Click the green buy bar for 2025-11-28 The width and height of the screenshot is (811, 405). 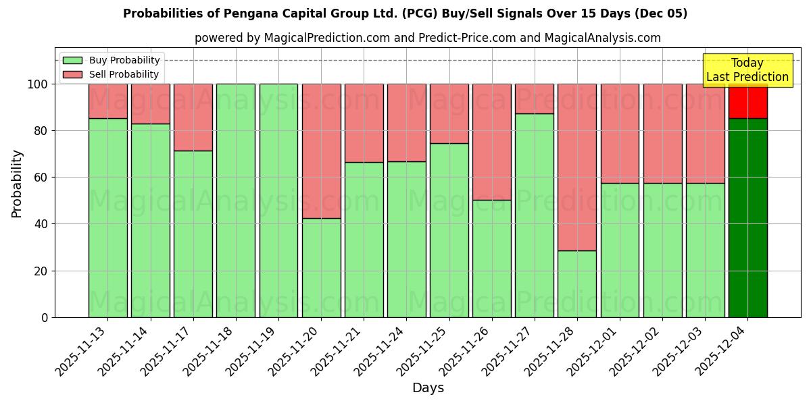click(x=577, y=283)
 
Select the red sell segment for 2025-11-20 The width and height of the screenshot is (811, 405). click(x=321, y=151)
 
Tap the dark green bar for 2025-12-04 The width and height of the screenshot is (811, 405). click(x=747, y=217)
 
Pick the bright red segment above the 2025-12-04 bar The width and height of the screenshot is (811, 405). click(x=747, y=101)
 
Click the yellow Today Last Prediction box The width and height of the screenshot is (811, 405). click(x=747, y=70)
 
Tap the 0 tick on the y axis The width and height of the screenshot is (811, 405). click(x=45, y=317)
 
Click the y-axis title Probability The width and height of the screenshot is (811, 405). click(x=17, y=183)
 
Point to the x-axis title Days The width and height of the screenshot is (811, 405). click(x=428, y=388)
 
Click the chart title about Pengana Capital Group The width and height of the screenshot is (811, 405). click(x=405, y=13)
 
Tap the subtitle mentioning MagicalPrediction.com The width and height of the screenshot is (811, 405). click(x=427, y=38)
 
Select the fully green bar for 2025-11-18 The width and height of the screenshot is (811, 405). click(x=236, y=200)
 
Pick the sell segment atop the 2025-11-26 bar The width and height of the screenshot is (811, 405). click(x=491, y=142)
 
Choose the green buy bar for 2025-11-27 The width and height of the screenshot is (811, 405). click(x=535, y=215)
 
